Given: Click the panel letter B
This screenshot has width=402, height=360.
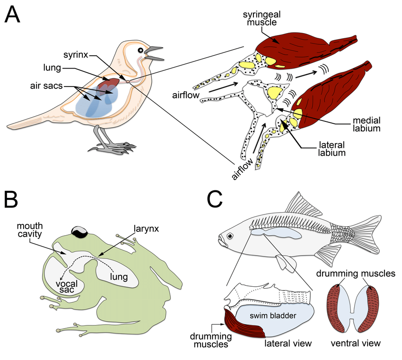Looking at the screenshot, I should (12, 200).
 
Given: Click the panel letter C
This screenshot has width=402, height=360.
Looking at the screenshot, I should (215, 200).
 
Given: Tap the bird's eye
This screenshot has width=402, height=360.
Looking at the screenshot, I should (141, 51).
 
